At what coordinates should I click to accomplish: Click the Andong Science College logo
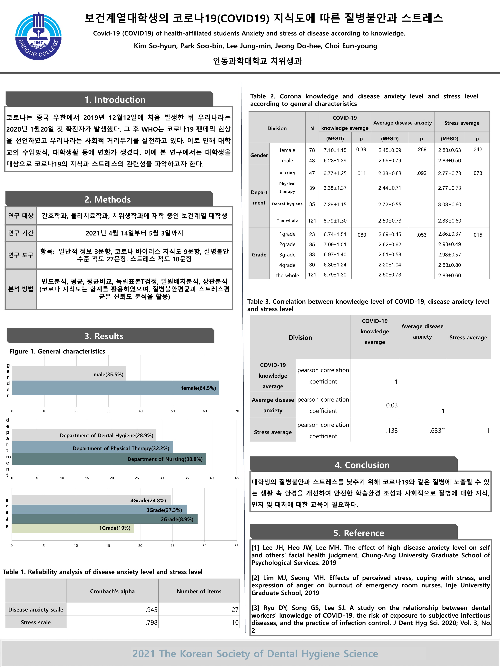(x=38, y=36)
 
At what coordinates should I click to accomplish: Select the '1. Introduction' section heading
(x=115, y=100)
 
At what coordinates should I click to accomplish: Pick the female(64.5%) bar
(x=115, y=388)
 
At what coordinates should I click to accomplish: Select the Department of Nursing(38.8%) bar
(x=109, y=459)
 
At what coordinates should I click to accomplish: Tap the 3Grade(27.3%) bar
(x=99, y=510)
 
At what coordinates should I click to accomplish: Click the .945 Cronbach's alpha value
(x=152, y=610)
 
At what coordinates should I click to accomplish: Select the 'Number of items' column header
(x=199, y=591)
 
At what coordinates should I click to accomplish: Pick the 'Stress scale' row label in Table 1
(x=35, y=622)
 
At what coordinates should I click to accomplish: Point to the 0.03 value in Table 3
(x=392, y=405)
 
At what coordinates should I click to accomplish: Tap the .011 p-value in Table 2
(x=361, y=173)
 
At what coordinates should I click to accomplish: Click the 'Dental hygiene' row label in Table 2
(x=287, y=204)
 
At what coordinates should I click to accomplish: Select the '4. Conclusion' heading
(x=362, y=465)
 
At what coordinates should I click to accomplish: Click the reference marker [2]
(x=255, y=578)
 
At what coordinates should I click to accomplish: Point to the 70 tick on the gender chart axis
(x=237, y=411)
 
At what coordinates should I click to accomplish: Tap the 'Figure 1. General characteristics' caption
(x=57, y=351)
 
